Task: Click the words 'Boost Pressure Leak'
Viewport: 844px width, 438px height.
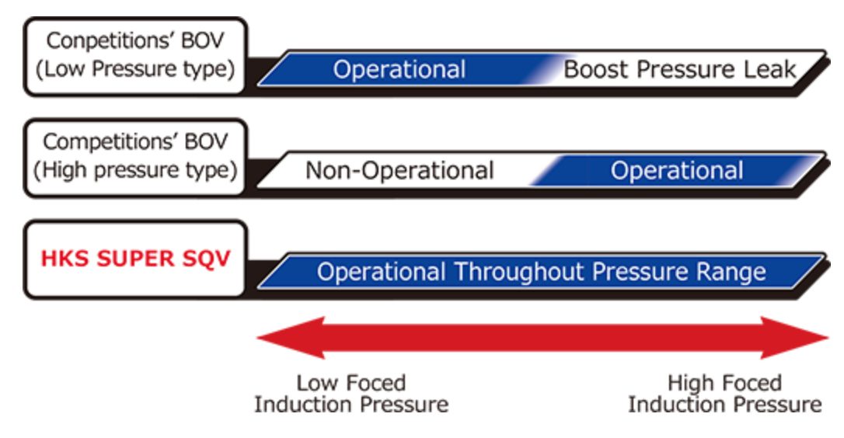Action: pos(680,69)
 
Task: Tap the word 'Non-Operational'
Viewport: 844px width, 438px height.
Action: pos(399,170)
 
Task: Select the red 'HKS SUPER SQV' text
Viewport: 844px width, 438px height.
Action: pos(136,259)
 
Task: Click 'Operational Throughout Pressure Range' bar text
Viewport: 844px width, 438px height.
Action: pos(542,272)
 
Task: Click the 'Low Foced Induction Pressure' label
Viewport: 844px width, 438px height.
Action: pos(351,394)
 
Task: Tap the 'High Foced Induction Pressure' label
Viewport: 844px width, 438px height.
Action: pos(724,394)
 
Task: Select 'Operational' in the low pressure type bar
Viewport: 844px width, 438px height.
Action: pos(399,69)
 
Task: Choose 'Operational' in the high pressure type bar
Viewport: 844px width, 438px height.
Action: pos(677,170)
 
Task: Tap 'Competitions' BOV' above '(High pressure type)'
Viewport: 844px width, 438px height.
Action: pos(135,142)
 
